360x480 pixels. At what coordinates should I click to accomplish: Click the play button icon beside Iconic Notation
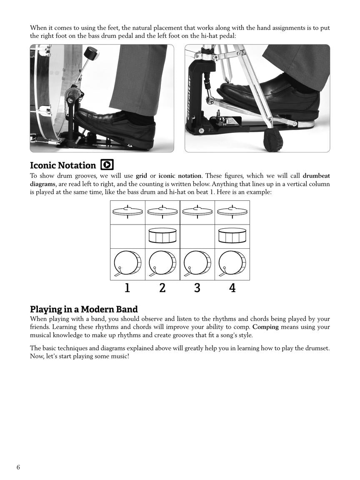107,165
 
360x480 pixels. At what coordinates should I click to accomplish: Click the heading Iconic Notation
62,165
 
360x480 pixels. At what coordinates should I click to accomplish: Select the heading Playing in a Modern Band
84,309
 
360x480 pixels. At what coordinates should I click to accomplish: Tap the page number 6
18,467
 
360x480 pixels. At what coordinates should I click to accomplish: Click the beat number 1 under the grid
127,287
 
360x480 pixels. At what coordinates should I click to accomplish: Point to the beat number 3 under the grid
197,287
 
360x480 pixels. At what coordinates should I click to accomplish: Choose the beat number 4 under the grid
232,287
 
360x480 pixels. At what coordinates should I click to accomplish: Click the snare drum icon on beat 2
162,236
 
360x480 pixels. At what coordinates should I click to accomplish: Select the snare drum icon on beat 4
232,236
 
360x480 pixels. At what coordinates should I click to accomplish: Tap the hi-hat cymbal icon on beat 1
127,211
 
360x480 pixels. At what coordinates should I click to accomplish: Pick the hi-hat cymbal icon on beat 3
197,211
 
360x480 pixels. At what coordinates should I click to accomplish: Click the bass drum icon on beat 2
162,264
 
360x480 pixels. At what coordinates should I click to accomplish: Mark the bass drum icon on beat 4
232,264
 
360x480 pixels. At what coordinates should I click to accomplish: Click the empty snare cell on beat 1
127,236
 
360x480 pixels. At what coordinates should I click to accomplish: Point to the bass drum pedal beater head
91,54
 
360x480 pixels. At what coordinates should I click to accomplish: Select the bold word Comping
265,327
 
